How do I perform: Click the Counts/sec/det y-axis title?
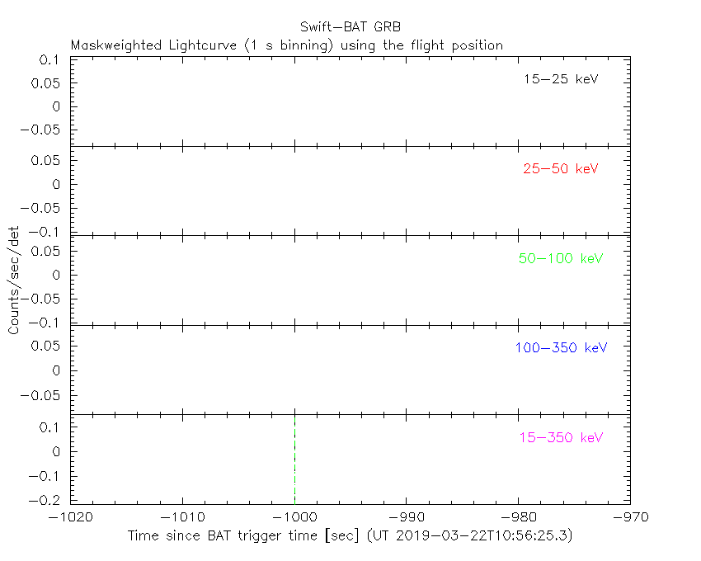(x=14, y=280)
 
